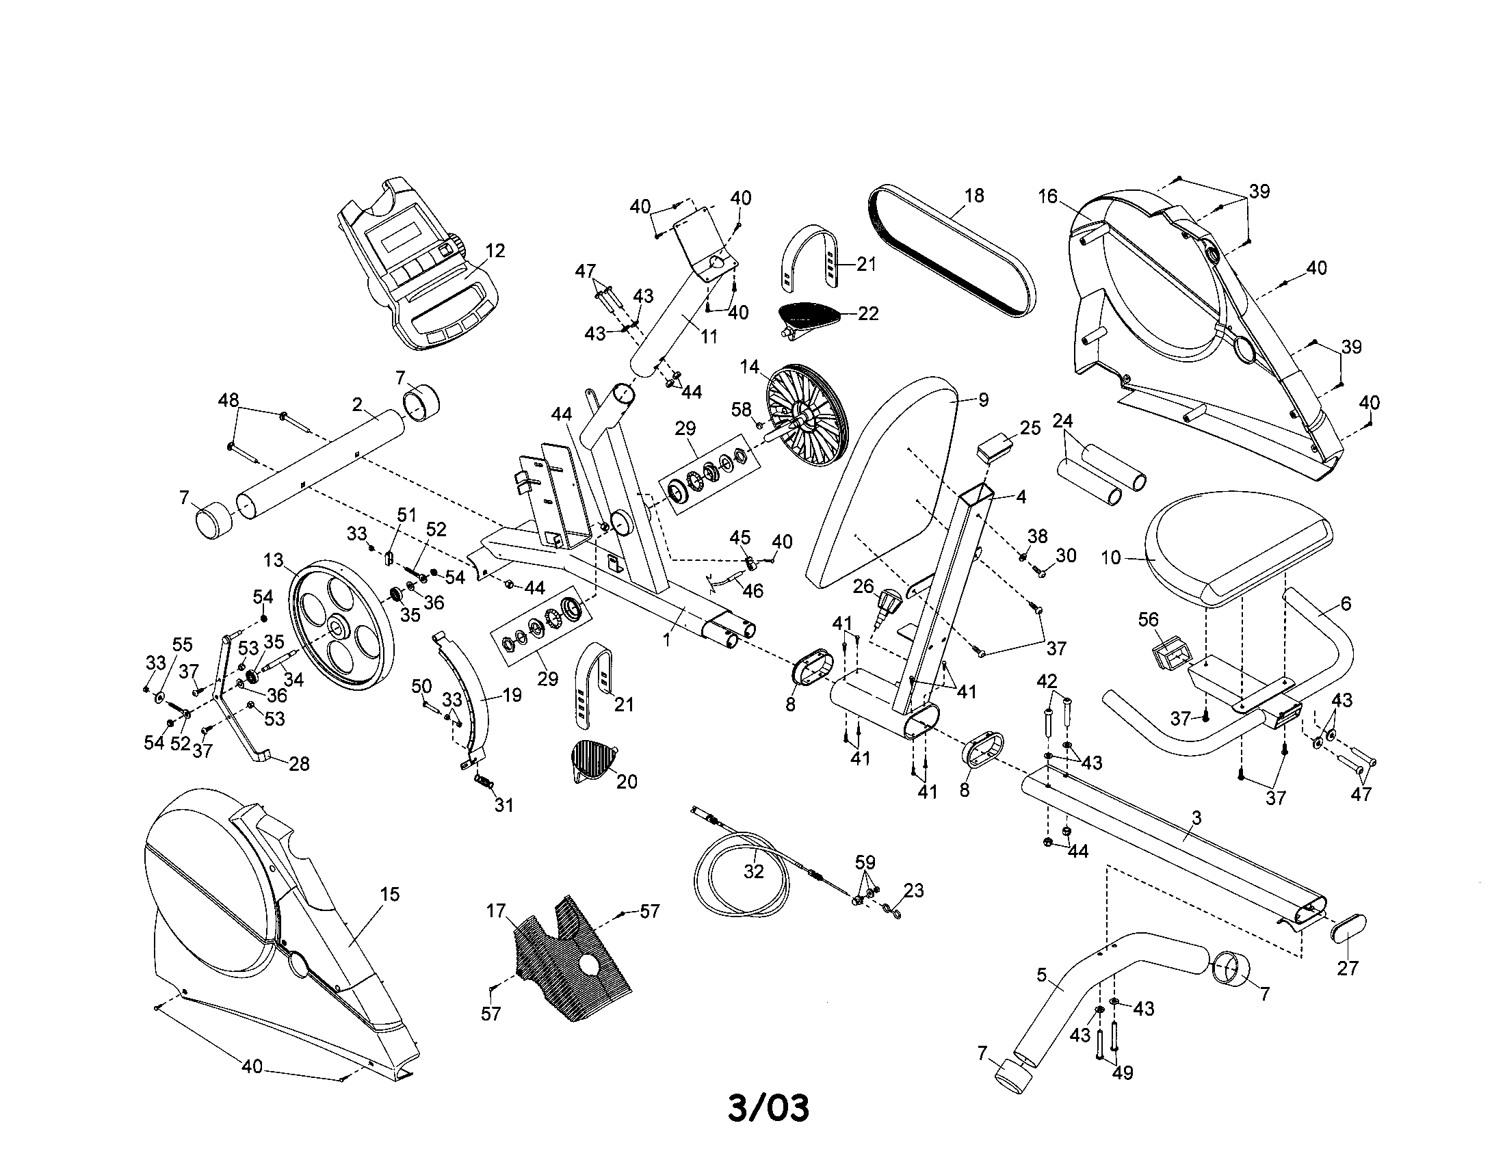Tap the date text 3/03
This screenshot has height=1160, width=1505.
(768, 1107)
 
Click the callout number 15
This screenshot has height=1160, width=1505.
(389, 895)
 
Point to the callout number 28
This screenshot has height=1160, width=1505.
(299, 764)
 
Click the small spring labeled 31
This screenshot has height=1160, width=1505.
(486, 782)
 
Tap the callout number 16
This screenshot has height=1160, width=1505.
(1047, 197)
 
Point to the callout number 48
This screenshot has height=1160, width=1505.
(228, 399)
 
